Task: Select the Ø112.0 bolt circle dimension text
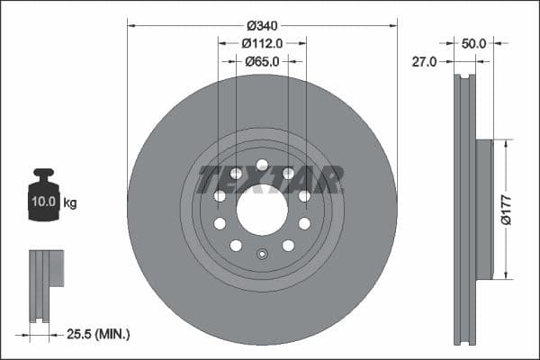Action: click(262, 42)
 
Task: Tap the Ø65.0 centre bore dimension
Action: click(262, 61)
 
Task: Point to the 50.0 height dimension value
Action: click(473, 42)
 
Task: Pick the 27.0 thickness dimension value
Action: click(424, 61)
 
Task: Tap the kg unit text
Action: click(70, 202)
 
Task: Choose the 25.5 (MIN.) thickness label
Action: click(100, 334)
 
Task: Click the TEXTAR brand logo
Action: click(270, 179)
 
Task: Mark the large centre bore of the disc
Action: click(262, 210)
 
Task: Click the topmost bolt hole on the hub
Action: click(262, 165)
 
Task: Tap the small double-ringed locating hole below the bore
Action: click(262, 253)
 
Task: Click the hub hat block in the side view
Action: click(483, 209)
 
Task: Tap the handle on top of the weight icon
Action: click(43, 174)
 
